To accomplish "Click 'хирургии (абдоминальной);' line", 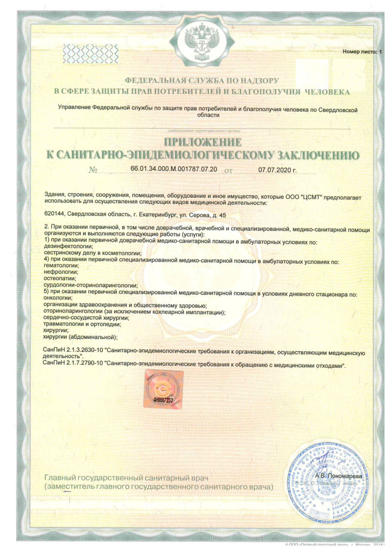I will click(81, 337).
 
